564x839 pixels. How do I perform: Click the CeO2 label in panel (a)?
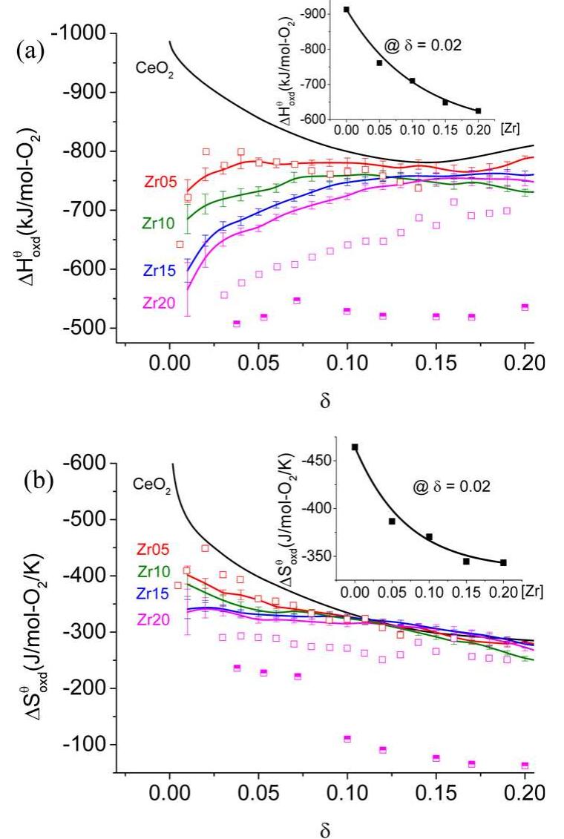[154, 70]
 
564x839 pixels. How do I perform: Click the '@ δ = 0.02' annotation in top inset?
[422, 45]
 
